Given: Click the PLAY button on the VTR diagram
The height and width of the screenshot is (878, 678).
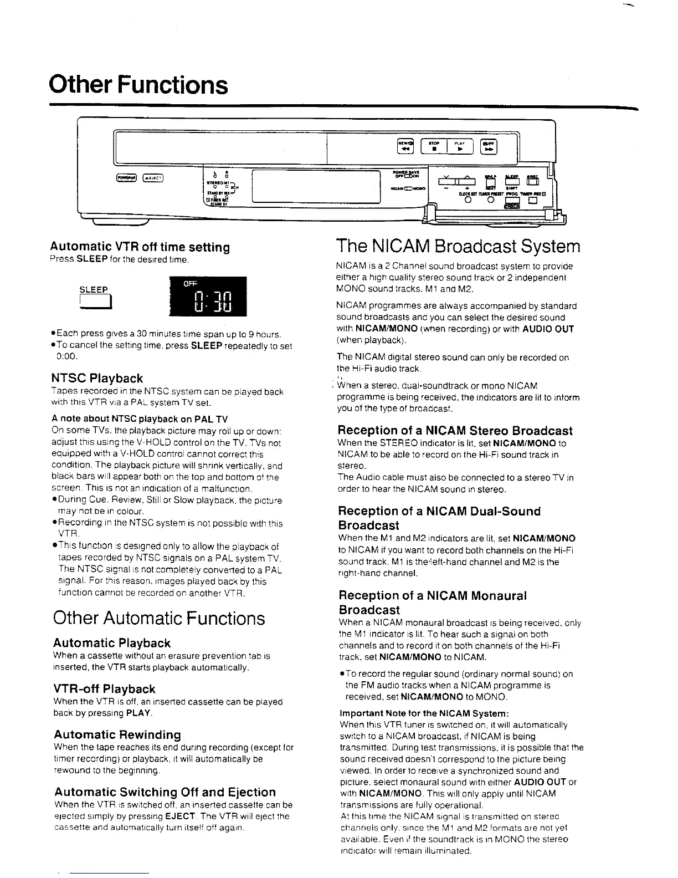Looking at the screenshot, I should point(460,146).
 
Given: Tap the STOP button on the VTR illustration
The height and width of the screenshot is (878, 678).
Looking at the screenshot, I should point(435,146).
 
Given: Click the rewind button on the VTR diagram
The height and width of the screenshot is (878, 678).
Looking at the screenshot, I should point(406,146).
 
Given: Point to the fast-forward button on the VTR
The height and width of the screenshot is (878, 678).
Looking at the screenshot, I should point(489,146).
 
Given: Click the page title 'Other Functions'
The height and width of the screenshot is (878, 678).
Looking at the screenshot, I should point(138,85).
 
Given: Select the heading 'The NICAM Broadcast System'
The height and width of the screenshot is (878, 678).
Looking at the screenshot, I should point(458,246).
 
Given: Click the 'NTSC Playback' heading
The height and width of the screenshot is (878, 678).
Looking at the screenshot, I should point(97,379).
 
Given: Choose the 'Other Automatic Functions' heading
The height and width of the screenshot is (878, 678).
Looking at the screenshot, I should point(159,618).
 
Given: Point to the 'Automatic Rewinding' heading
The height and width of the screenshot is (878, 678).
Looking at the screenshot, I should point(117,735).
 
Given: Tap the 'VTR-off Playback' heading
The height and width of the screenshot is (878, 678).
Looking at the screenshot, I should point(104,689).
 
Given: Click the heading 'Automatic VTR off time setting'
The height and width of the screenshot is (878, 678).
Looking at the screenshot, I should point(140,247).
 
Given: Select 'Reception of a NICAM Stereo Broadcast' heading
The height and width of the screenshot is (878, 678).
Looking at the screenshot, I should point(455,431).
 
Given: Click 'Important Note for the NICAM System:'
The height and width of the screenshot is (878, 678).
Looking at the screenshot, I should point(424,713).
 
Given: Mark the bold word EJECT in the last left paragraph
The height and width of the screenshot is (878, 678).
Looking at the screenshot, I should point(180,816).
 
